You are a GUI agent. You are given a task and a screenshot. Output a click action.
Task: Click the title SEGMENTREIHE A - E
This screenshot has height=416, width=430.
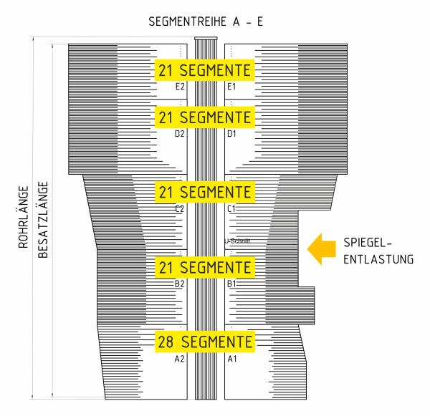tap(206, 21)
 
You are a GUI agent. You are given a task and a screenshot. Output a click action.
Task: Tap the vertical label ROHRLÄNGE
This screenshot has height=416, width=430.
tap(24, 217)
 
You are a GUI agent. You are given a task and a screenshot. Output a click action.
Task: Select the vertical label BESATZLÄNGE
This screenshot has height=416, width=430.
tap(43, 220)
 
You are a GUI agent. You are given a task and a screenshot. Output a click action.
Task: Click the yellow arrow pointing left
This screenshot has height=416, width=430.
tap(321, 249)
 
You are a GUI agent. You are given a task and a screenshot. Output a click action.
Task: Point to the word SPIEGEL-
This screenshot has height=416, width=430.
tap(368, 243)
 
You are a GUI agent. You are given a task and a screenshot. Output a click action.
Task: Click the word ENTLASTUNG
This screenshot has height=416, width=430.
tap(378, 259)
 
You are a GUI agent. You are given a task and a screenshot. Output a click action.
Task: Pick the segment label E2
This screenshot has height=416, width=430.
tap(180, 87)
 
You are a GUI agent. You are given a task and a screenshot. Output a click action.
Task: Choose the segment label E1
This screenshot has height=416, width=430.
tap(231, 87)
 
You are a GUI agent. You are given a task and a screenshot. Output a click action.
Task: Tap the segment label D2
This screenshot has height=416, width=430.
tap(180, 134)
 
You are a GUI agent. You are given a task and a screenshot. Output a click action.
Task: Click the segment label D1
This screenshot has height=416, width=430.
tap(231, 134)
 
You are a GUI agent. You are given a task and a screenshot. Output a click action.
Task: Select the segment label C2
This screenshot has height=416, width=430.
tap(180, 209)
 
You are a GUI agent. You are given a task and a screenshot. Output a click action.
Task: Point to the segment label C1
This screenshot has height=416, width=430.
tap(231, 209)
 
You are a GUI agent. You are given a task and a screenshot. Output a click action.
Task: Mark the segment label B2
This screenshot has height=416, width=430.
tap(180, 284)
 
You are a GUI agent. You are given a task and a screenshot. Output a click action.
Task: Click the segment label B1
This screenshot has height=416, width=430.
tap(231, 284)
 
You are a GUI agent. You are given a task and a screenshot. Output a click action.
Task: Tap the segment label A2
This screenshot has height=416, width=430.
tap(180, 359)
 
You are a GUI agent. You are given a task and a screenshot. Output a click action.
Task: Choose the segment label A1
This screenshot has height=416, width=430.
tap(232, 359)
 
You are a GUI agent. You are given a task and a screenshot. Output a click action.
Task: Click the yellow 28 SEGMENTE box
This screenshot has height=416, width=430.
tap(205, 342)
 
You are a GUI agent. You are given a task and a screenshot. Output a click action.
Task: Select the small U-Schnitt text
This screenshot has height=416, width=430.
tap(237, 241)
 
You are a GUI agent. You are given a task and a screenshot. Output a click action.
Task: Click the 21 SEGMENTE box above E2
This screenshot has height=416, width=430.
tap(204, 70)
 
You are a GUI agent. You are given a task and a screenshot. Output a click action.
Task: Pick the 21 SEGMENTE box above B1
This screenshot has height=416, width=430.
tap(205, 268)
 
